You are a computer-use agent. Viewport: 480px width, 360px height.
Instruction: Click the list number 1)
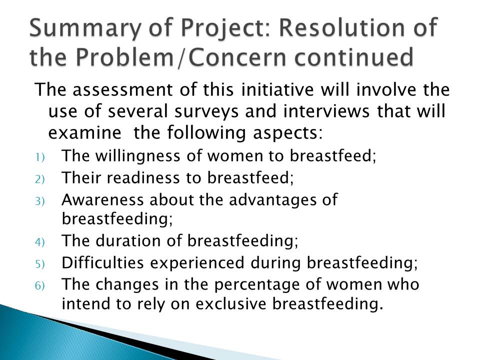pyautogui.click(x=40, y=157)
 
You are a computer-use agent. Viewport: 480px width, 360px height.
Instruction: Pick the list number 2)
pyautogui.click(x=40, y=179)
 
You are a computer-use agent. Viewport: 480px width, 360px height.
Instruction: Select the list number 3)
pyautogui.click(x=40, y=201)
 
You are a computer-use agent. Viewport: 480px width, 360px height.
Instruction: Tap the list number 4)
pyautogui.click(x=40, y=242)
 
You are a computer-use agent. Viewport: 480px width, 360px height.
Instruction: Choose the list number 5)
pyautogui.click(x=40, y=264)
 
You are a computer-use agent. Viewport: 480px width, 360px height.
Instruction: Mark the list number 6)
pyautogui.click(x=40, y=285)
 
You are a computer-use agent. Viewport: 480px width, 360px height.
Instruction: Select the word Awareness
pyautogui.click(x=102, y=200)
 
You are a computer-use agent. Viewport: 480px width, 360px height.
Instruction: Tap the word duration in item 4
pyautogui.click(x=128, y=240)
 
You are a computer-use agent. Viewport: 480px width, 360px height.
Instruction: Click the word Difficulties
pyautogui.click(x=102, y=262)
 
